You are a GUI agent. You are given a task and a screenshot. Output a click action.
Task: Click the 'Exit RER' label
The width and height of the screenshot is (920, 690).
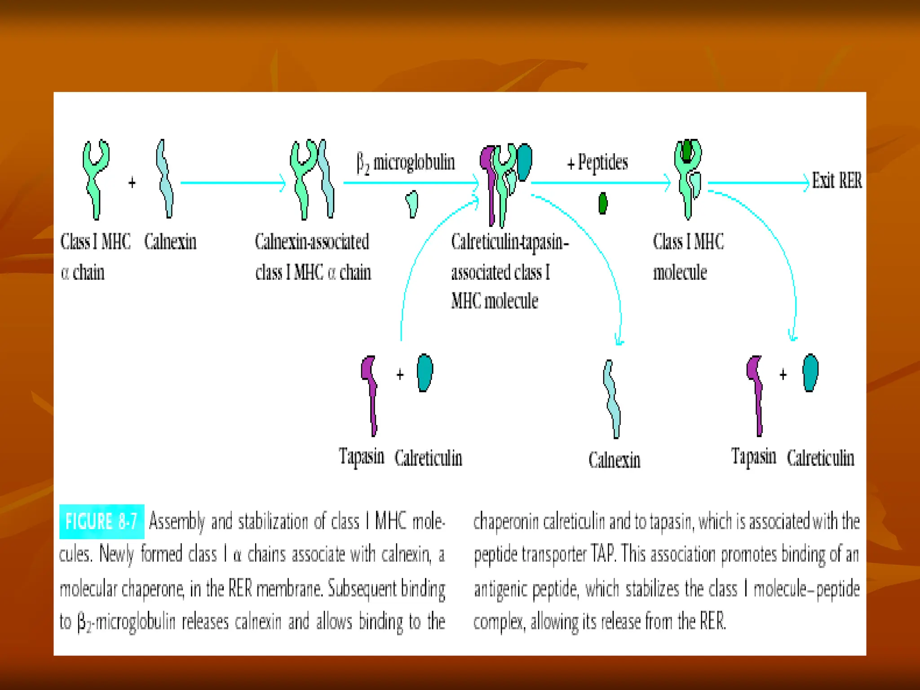837,181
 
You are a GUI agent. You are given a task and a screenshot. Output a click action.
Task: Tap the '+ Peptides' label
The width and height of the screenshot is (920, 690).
597,163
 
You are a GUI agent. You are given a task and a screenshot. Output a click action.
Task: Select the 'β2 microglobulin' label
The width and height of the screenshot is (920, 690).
406,163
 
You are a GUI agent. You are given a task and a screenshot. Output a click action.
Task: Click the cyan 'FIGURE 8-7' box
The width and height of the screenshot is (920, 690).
102,522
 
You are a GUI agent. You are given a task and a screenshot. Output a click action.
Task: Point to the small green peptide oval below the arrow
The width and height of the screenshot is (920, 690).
603,203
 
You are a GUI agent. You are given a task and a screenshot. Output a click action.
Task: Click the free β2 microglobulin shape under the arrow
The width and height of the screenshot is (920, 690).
412,203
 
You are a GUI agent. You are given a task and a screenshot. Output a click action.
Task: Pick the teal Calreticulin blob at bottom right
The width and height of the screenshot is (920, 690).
810,372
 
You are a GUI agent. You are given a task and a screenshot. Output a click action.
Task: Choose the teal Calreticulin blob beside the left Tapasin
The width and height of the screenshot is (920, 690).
425,372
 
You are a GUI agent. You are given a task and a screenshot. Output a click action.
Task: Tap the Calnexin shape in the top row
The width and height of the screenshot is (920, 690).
164,179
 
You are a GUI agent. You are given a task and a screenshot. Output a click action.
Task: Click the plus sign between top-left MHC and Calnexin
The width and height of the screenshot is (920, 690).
132,183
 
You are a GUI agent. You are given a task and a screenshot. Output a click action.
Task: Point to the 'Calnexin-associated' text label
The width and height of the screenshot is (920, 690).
312,242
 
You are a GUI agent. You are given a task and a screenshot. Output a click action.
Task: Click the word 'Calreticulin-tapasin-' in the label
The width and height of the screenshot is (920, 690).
510,242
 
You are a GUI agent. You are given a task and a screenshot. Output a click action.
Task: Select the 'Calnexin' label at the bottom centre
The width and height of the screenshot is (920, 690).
614,460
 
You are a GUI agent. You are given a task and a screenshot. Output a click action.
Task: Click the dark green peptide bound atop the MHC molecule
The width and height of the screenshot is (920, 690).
687,151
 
